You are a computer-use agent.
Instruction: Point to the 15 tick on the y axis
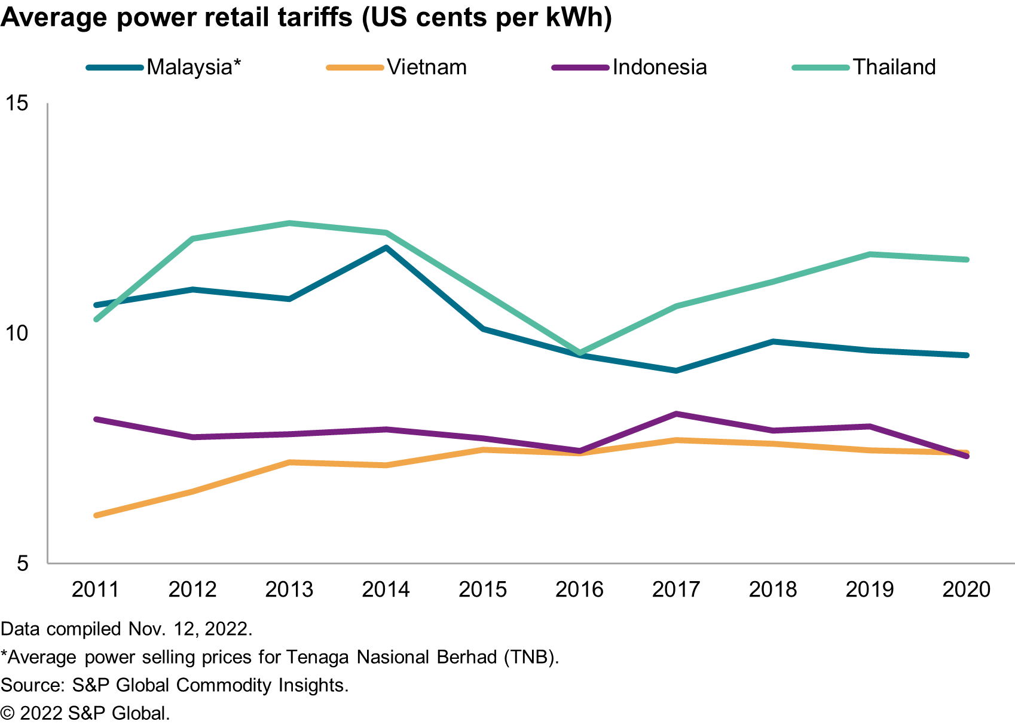point(17,103)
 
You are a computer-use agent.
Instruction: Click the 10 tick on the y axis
point(17,334)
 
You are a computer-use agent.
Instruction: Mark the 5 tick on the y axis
point(23,563)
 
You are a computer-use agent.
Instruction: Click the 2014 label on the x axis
point(386,589)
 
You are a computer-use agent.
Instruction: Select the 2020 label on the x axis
point(966,589)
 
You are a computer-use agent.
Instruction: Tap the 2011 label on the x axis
point(96,589)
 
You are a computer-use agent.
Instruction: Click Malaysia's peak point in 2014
point(386,248)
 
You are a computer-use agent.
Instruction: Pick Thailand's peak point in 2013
point(289,224)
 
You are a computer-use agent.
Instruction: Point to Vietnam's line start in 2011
point(97,515)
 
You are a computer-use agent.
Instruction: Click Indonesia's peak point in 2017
point(676,414)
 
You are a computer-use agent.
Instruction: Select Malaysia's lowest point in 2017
point(676,371)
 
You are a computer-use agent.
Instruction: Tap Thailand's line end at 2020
point(966,259)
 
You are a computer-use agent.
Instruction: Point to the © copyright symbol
point(8,713)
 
